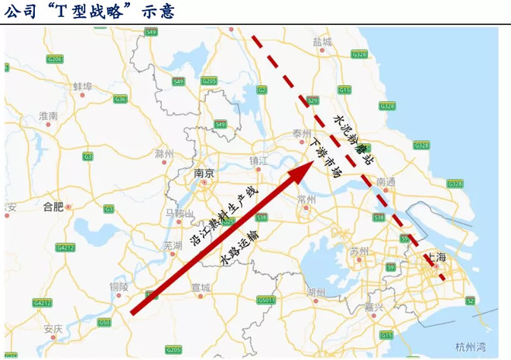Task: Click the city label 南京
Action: (204, 174)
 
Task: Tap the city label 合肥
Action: (53, 207)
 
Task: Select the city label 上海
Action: (437, 257)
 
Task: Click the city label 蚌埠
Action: (82, 86)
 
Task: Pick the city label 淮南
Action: (48, 116)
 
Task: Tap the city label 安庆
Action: (53, 329)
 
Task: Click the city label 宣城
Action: (200, 287)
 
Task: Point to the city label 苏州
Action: (358, 252)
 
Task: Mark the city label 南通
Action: (386, 182)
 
